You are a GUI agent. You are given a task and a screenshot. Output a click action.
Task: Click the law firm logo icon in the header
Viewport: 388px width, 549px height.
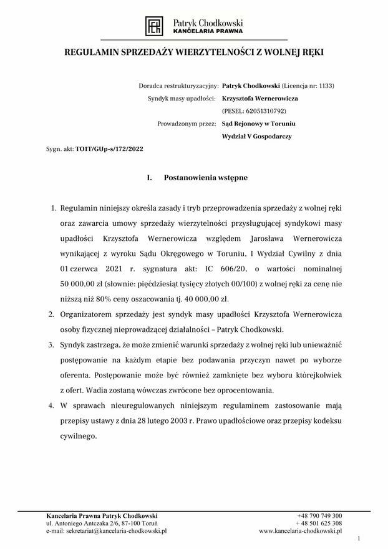pos(153,26)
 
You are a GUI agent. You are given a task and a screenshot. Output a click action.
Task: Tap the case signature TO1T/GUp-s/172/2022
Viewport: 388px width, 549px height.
pos(110,150)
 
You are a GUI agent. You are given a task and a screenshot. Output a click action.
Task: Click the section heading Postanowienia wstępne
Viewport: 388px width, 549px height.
pos(205,178)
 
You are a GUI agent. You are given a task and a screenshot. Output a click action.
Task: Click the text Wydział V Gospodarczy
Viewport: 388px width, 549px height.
pos(256,135)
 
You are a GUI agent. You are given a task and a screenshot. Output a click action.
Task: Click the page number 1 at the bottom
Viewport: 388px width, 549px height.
pos(359,538)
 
